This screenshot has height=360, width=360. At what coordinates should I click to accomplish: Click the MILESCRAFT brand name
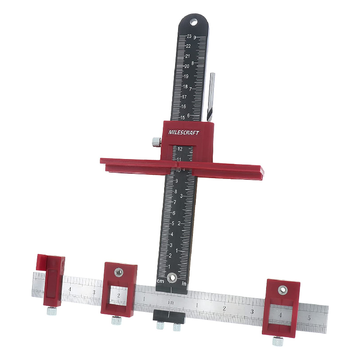coord(184,132)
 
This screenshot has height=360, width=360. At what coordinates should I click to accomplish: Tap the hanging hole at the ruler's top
coord(194,22)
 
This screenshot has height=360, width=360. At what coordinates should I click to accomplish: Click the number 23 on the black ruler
coord(189,36)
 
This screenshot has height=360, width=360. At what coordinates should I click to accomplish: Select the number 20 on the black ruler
coord(187,66)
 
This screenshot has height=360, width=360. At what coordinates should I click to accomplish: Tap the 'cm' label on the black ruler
coord(160,281)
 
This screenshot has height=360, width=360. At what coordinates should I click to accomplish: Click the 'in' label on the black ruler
coord(184,284)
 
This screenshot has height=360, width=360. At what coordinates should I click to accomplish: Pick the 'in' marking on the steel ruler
coord(170,302)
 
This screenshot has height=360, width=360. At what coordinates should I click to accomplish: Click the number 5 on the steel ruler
coord(309,318)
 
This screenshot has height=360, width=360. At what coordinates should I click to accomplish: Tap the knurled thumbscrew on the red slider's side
coord(157,142)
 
